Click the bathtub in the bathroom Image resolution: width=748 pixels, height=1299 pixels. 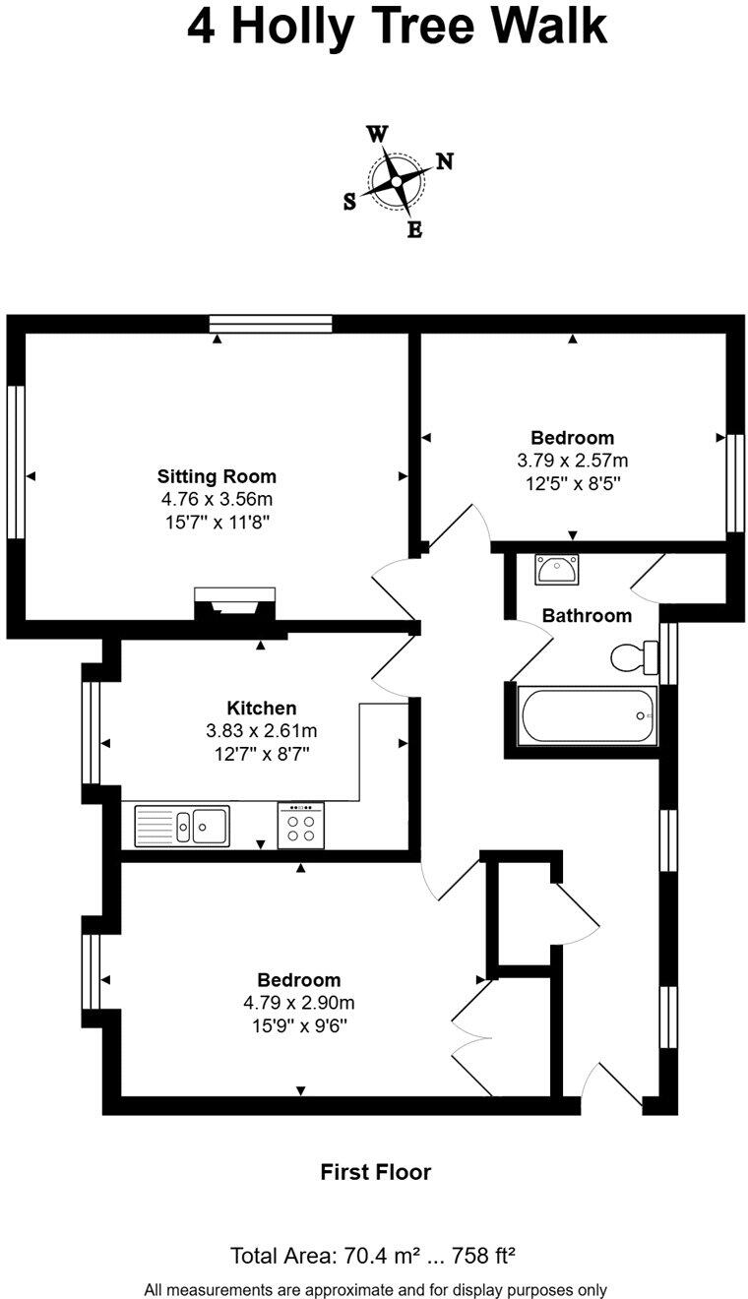(589, 715)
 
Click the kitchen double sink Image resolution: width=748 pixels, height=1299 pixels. (182, 826)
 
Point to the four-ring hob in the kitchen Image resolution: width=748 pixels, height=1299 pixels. (301, 826)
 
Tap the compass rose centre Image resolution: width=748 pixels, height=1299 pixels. (397, 181)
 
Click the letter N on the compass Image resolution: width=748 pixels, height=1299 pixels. (444, 162)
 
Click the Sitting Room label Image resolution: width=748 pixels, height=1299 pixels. (217, 477)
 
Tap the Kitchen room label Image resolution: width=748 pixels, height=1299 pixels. (261, 708)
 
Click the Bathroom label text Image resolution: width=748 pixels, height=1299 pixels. (587, 616)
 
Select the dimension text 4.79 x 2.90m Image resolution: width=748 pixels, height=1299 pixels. (299, 1003)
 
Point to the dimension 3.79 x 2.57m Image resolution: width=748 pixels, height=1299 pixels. (572, 460)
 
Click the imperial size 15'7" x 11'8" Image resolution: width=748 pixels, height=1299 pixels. (217, 522)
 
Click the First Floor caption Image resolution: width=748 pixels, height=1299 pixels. (375, 1172)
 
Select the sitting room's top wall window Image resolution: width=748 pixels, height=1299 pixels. (271, 324)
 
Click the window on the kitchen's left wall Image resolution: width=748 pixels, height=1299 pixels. (92, 732)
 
